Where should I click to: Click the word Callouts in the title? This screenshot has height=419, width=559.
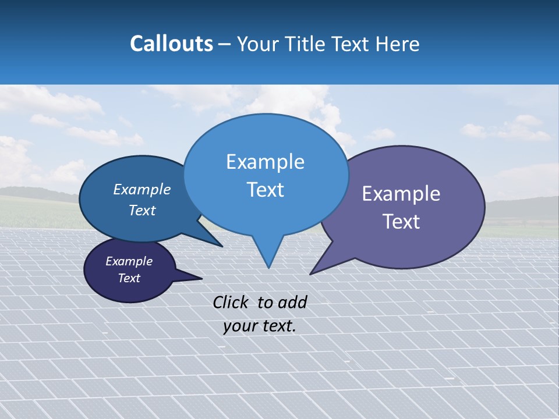tap(171, 44)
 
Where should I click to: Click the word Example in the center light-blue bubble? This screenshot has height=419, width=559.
tap(265, 162)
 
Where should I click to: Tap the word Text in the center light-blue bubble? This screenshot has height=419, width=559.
tap(265, 190)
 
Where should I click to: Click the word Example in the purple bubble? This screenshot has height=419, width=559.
tap(401, 194)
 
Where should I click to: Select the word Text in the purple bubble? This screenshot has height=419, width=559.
tap(401, 222)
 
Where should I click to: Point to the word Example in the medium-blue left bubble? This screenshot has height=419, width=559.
tap(142, 189)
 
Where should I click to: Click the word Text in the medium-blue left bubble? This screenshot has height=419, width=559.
tap(142, 210)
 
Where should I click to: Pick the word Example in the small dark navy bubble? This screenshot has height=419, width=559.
tap(129, 261)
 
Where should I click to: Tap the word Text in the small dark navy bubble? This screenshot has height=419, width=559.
tap(129, 278)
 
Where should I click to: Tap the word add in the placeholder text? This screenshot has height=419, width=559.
tap(292, 302)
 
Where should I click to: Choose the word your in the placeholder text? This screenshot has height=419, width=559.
tap(239, 326)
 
